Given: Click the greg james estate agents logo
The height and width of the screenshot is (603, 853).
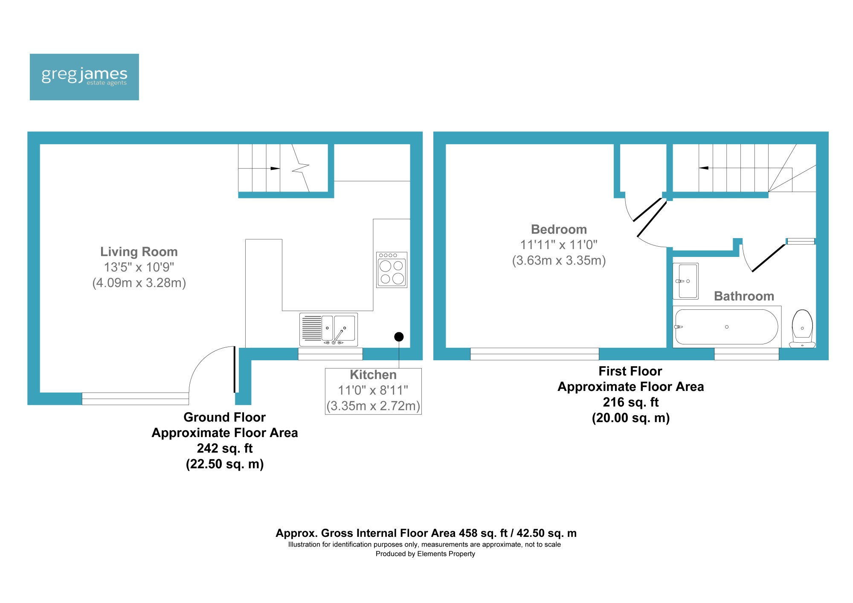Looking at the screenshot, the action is [84, 77].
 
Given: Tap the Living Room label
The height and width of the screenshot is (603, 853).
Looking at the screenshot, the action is [139, 252].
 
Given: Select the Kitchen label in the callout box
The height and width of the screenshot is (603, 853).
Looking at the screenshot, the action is [373, 375].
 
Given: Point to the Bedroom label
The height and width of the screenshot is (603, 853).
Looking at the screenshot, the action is [559, 230].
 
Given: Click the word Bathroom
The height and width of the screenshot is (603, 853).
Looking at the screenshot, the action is [744, 296].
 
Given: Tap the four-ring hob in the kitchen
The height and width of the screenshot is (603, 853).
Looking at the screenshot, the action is [392, 270].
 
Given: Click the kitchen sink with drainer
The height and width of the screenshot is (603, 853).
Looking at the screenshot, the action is [328, 329].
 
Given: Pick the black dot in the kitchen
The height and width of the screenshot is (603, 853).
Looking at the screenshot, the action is [399, 337].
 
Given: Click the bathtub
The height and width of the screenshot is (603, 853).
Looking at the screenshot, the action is [727, 327].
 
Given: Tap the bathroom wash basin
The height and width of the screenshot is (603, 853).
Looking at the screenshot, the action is [685, 281].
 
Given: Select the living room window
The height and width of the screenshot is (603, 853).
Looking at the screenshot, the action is [135, 399].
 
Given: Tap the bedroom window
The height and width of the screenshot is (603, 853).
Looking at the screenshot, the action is [534, 354].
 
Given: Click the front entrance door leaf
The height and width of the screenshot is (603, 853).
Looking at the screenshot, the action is [235, 369].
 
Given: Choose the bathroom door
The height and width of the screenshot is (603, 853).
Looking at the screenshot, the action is [769, 258].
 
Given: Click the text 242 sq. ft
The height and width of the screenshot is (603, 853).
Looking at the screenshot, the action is [225, 449].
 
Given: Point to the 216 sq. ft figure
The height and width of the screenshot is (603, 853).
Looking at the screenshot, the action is [631, 402].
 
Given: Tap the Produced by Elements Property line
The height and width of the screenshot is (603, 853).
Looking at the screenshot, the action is [425, 554].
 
